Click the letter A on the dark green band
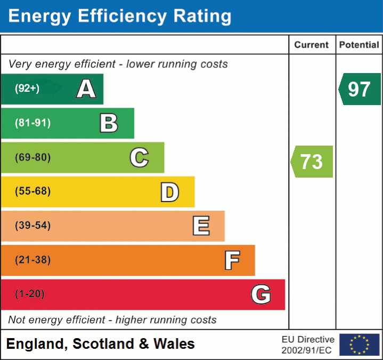(x=86, y=89)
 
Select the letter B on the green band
(x=109, y=123)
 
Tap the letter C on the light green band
(x=139, y=157)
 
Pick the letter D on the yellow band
(x=169, y=192)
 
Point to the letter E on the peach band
(x=201, y=226)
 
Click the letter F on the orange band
(x=232, y=260)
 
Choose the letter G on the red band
(x=261, y=294)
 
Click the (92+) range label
(x=27, y=89)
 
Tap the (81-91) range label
(x=33, y=123)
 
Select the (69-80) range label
(x=33, y=157)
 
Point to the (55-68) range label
(x=33, y=191)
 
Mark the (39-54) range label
(x=33, y=226)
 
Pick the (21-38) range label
(x=33, y=260)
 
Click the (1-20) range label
(x=30, y=294)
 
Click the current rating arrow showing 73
(x=312, y=161)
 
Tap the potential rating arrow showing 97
(x=360, y=89)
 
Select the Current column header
(x=312, y=45)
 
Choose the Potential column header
(x=360, y=45)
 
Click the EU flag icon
(x=359, y=345)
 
